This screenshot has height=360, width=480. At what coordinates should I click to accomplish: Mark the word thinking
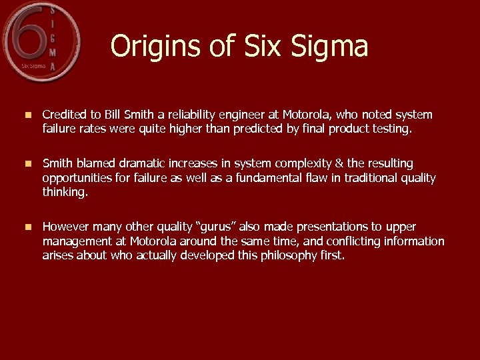(65, 192)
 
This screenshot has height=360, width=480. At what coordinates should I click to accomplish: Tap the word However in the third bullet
(65, 227)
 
